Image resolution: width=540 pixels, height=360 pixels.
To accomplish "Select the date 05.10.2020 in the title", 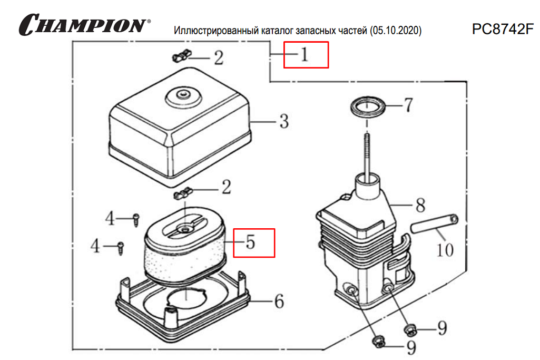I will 396,31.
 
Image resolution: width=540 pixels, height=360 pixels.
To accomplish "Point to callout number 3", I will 283,122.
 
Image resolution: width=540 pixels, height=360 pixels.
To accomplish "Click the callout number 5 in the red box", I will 250,242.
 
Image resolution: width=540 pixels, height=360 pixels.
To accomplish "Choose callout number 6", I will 279,301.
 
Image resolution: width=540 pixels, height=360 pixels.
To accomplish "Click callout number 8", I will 420,205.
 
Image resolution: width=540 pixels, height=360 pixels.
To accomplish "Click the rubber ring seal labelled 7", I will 367,108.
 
